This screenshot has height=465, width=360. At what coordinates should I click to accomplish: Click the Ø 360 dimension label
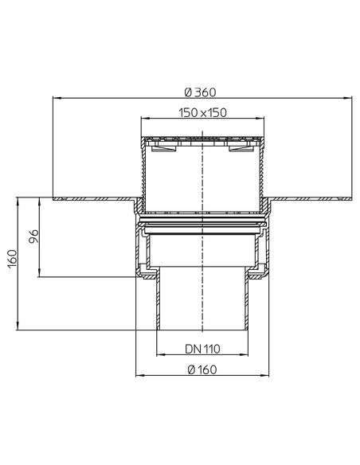202,89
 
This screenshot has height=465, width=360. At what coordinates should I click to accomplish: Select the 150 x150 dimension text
202,112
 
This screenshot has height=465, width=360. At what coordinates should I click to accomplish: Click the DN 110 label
202,348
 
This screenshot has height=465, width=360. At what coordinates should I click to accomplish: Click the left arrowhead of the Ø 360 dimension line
55,98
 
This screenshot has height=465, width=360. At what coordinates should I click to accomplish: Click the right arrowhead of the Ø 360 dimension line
350,98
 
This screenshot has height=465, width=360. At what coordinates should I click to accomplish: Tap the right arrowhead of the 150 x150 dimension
262,120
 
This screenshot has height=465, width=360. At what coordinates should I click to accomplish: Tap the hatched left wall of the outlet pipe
158,303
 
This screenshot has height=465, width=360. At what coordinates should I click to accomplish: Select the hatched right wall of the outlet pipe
248,303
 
